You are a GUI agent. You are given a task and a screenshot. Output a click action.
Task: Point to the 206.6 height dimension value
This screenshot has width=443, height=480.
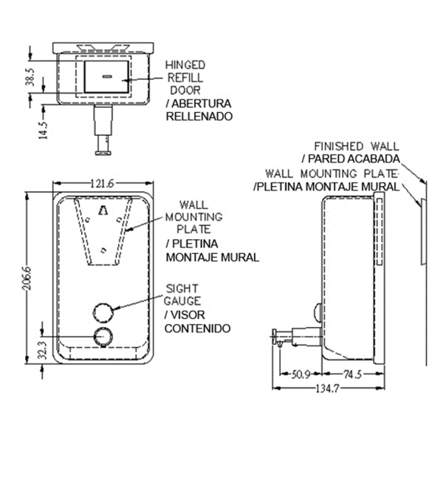(27, 278)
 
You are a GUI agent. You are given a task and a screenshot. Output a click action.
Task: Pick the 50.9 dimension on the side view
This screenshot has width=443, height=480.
(300, 374)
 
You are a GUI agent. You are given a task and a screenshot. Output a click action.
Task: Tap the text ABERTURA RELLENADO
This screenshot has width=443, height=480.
(199, 110)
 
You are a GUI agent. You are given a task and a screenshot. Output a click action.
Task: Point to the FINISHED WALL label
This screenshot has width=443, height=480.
(357, 146)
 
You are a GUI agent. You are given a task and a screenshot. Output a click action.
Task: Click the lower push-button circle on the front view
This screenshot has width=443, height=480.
(103, 337)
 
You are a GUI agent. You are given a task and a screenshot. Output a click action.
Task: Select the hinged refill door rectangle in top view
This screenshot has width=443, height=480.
(106, 77)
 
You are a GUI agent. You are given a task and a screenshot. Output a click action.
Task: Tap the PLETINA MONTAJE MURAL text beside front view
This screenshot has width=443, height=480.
(212, 250)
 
